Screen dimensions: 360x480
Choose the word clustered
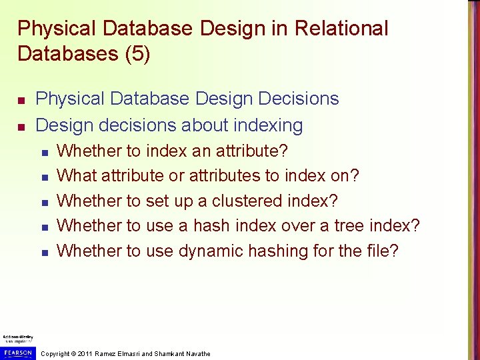point(246,201)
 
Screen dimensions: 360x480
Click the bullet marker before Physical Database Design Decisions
point(21,100)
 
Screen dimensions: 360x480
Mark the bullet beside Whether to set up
point(44,202)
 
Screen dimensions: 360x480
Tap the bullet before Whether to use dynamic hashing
point(44,253)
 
